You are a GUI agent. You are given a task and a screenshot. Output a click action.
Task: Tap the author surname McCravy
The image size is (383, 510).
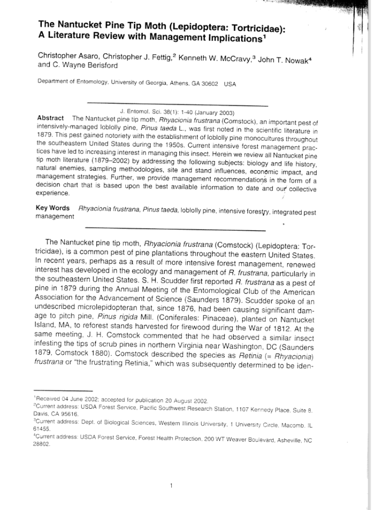[228, 58]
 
